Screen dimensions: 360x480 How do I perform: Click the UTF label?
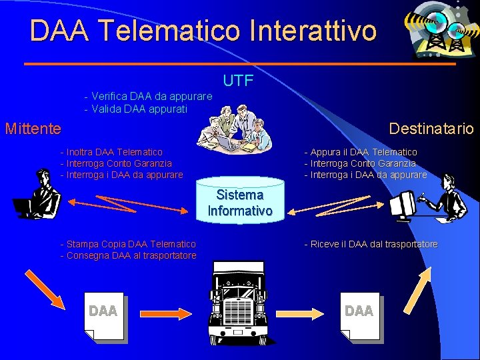point(238,81)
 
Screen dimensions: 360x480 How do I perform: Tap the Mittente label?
point(33,128)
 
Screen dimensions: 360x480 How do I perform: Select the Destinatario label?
point(431,128)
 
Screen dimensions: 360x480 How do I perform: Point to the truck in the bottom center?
point(240,303)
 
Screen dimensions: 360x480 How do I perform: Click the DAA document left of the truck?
point(104,316)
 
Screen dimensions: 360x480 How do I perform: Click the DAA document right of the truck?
point(360,316)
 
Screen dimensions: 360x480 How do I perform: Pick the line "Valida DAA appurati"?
point(136,108)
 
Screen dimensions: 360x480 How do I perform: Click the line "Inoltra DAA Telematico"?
point(111,152)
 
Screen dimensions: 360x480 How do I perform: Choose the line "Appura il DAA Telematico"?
point(361,152)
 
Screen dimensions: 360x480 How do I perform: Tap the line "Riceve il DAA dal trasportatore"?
point(371,244)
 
